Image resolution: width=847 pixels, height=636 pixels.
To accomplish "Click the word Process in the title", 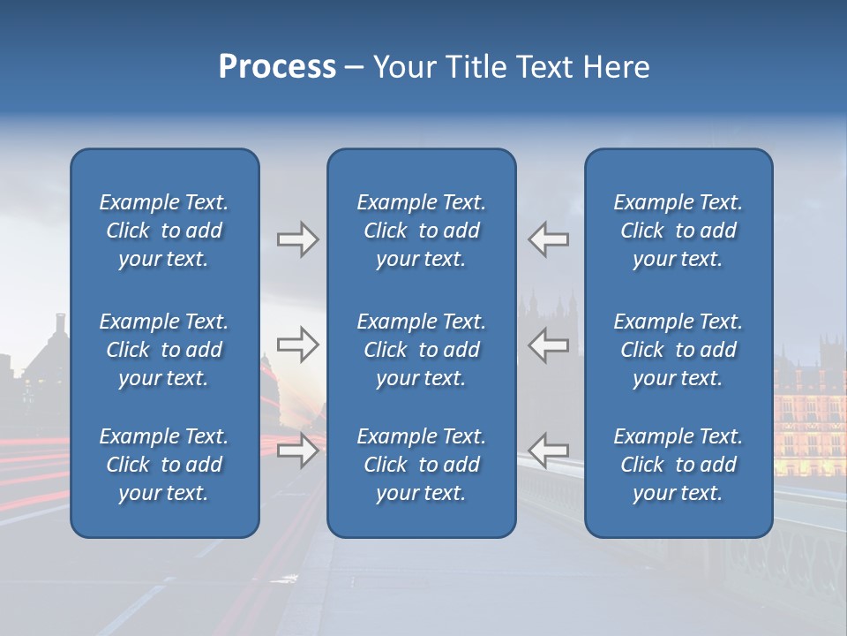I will tap(277, 67).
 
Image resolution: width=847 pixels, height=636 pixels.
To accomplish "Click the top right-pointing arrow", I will tap(298, 239).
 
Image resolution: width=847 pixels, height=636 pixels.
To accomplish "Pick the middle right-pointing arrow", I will tap(298, 344).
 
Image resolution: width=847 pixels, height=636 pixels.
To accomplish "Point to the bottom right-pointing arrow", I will tap(298, 450).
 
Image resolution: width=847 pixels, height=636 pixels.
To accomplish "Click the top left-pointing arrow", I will tap(549, 239).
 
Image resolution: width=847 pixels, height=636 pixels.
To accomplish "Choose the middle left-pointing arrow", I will tap(549, 344).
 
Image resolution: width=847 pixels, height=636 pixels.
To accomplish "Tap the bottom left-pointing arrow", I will tap(549, 450).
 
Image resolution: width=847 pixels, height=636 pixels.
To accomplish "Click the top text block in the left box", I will tap(164, 231).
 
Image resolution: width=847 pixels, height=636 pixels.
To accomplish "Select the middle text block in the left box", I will tap(164, 350).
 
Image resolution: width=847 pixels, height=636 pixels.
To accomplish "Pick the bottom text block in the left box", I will tap(164, 465).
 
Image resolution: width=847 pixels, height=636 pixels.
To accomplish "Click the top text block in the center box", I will tap(421, 231).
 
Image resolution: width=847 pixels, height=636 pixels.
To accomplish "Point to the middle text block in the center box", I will tap(421, 350).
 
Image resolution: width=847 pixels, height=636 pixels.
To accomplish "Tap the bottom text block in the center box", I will tap(421, 465).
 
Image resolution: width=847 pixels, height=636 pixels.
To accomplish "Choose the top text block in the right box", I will tap(678, 231).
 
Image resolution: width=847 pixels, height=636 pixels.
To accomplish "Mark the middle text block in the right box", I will tap(678, 350).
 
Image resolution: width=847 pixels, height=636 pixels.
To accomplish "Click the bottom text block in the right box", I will tap(678, 465).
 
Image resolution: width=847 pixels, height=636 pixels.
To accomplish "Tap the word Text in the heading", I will tap(546, 67).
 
